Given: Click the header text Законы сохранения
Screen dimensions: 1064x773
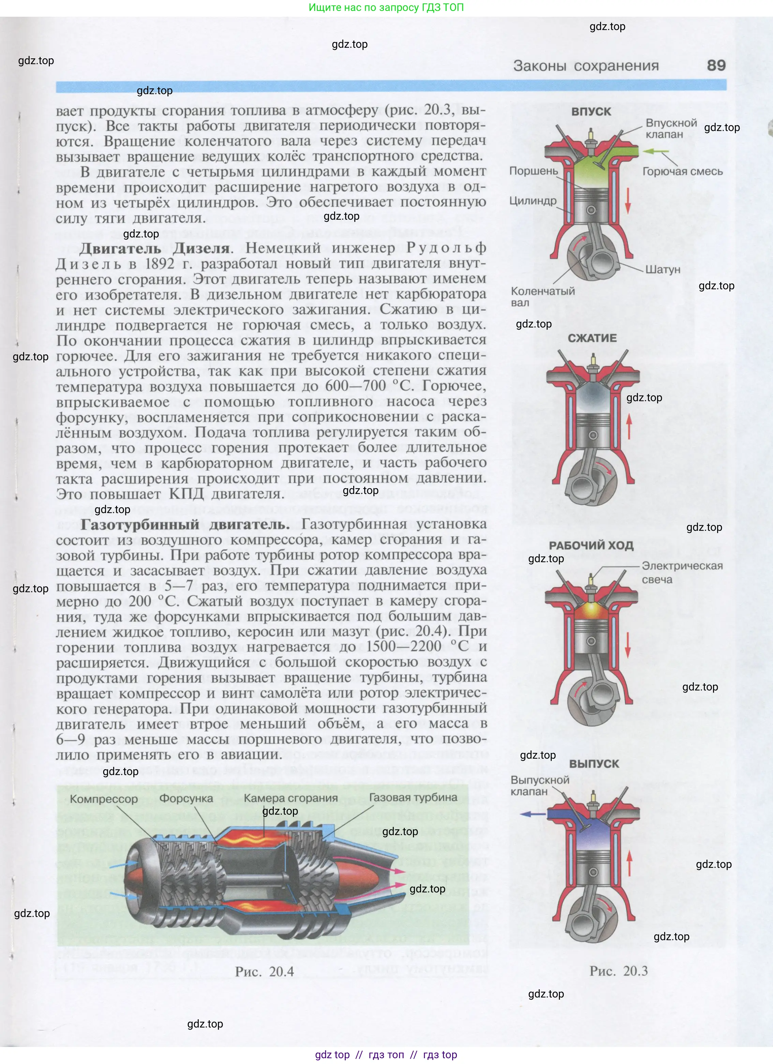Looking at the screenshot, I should pyautogui.click(x=585, y=66).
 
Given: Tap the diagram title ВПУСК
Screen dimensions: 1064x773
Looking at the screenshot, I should pyautogui.click(x=591, y=112).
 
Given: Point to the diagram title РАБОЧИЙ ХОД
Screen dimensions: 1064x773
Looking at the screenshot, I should pyautogui.click(x=591, y=545).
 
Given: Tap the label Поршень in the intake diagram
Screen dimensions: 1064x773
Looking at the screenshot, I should pyautogui.click(x=533, y=171).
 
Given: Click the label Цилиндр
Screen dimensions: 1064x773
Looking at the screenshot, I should pyautogui.click(x=533, y=201).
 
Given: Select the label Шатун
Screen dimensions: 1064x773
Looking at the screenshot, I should pyautogui.click(x=662, y=269).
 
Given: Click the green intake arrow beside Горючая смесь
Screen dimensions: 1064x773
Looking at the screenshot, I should pyautogui.click(x=655, y=151).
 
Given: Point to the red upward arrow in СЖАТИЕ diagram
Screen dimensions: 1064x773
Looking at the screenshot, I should pyautogui.click(x=629, y=426).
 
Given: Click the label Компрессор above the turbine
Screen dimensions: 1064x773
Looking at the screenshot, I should pyautogui.click(x=104, y=799).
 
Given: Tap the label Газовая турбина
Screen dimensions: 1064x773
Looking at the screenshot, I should pyautogui.click(x=413, y=798).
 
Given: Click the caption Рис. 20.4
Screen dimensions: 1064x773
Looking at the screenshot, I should pyautogui.click(x=265, y=972).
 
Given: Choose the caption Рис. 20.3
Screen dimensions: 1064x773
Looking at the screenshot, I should pyautogui.click(x=618, y=971).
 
